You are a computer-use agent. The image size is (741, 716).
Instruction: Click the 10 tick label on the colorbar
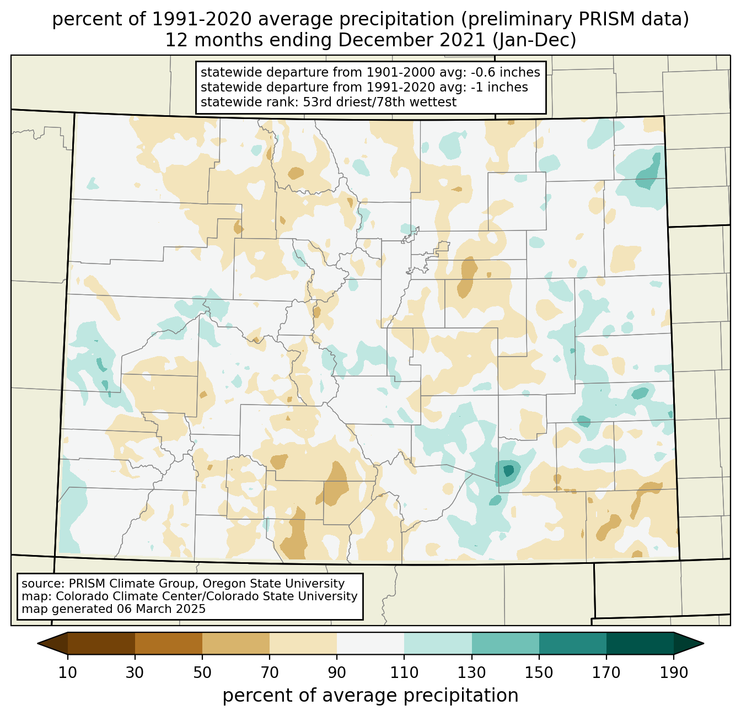coord(68,672)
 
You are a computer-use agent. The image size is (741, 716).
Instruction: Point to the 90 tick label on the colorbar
coord(337,672)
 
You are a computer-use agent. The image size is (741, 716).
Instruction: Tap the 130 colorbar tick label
coord(472,672)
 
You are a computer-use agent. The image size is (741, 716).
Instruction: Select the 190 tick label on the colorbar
coord(674,672)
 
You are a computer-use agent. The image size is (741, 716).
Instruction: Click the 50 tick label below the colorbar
coord(202,672)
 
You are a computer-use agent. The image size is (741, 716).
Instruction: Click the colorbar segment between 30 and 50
coord(169,643)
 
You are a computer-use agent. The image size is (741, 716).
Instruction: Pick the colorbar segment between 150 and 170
coord(573,643)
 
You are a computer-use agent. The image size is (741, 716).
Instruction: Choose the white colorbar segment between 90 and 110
coord(370,643)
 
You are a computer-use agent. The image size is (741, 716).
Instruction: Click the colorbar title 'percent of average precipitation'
coord(370,696)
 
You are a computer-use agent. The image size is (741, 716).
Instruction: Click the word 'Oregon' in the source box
coord(220,584)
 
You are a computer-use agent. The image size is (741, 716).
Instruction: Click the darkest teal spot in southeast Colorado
coord(508,470)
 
